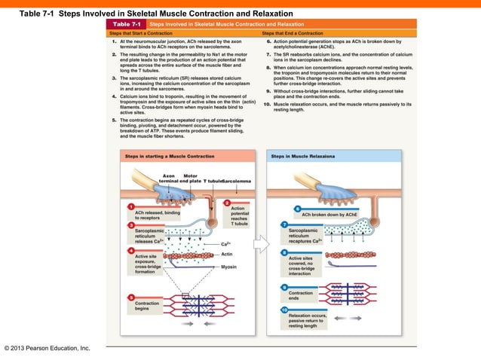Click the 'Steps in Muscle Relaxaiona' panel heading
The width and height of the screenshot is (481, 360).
pyautogui.click(x=304, y=156)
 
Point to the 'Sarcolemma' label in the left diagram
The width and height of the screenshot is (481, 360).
pyautogui.click(x=236, y=182)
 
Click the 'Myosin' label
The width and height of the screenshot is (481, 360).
pyautogui.click(x=228, y=267)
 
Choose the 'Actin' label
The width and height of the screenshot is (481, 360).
pyautogui.click(x=227, y=255)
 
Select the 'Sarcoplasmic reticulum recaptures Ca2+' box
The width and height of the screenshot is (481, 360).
pyautogui.click(x=305, y=236)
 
